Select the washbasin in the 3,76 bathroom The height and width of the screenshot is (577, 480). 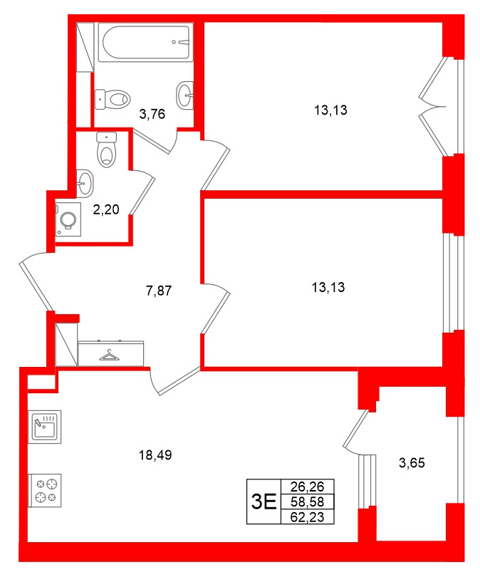pos(185,93)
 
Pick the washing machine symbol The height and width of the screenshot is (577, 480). pos(70,219)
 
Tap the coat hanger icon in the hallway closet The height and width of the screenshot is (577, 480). pos(111,353)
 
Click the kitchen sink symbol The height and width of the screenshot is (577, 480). pos(45,428)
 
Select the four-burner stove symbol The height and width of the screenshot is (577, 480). pos(45,490)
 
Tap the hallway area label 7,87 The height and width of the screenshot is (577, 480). pos(160,290)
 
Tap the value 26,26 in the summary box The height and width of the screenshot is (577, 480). pos(308,488)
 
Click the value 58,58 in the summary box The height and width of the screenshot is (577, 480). pos(308,502)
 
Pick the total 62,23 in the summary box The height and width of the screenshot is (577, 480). pos(308,517)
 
